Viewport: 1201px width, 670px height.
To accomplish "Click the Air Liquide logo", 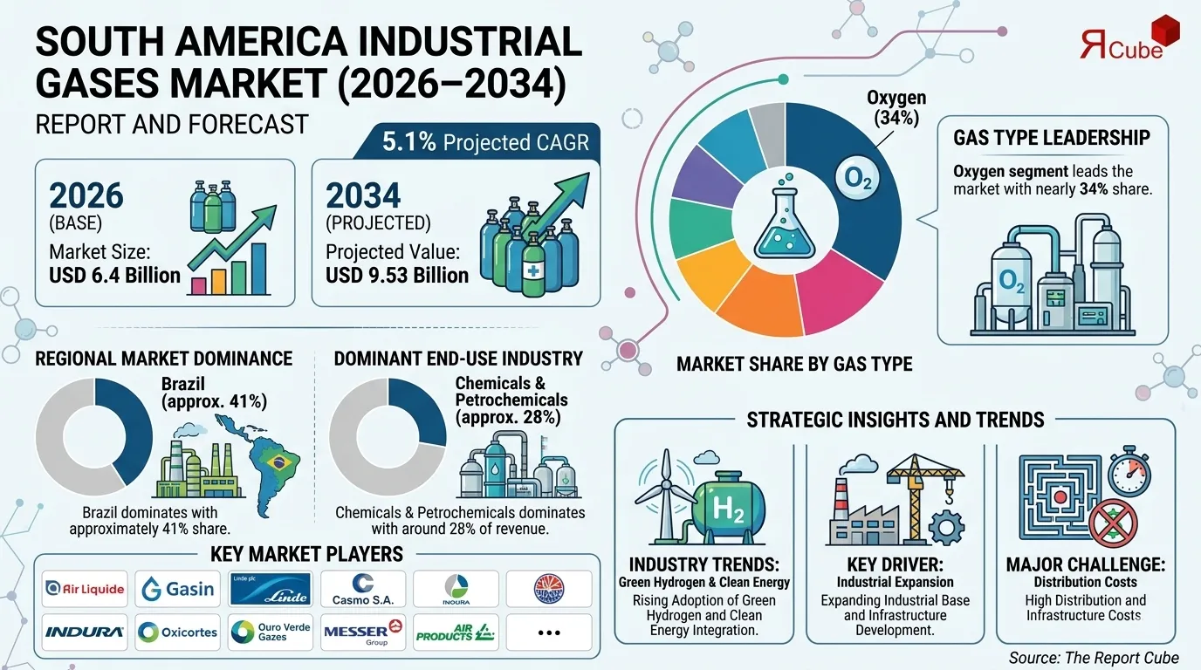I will coord(85,589).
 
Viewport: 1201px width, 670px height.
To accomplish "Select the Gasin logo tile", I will coord(178,589).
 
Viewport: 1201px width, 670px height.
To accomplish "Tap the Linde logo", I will coord(271,589).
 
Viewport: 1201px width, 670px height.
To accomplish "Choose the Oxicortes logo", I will coord(178,632).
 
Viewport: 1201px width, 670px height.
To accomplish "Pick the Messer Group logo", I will coord(362,632).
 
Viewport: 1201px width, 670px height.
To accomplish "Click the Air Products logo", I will coord(455,632).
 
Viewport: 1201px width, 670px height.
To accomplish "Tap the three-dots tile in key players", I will coord(548,632).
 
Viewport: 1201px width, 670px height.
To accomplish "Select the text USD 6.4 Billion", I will coord(115,276).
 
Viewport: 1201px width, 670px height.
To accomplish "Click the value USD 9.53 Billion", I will coord(397,276).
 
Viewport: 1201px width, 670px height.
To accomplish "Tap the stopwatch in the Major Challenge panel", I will coord(1129,475).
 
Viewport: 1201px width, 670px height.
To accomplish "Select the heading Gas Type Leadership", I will coord(1051,137).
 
